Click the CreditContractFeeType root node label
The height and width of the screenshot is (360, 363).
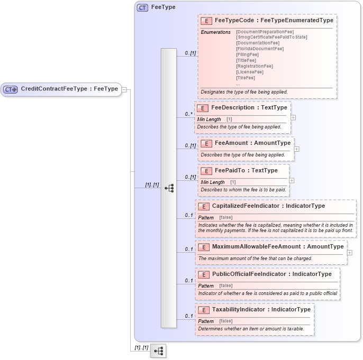pos(69,89)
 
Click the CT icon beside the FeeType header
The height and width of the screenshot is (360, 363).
pos(142,7)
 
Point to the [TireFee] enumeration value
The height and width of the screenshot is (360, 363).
pos(246,78)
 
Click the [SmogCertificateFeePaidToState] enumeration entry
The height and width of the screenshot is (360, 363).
pos(271,37)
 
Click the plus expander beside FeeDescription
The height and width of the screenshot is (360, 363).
pos(293,118)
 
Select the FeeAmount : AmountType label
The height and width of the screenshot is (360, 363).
pos(252,143)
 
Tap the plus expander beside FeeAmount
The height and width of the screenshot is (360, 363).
pos(296,149)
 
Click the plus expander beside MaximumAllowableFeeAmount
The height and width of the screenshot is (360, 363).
pos(349,253)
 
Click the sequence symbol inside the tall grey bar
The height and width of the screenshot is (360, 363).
pos(169,188)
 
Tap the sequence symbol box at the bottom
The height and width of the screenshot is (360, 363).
pos(158,351)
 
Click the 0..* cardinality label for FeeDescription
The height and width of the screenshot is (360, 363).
pos(188,114)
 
